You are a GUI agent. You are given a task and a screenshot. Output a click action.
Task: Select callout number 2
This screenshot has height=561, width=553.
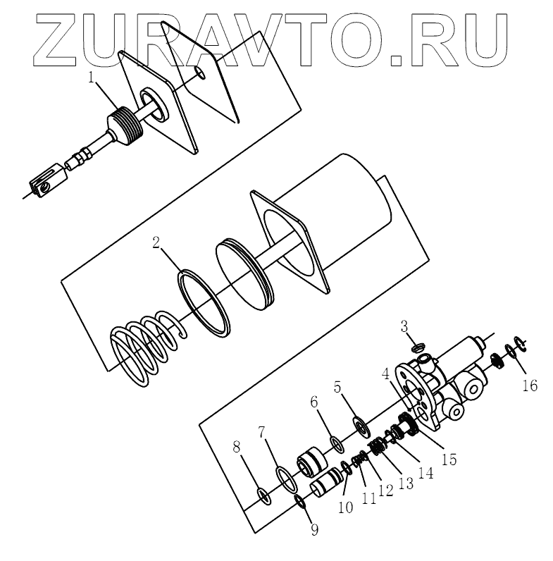156,242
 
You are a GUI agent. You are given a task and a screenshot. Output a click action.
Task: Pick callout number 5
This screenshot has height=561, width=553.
337,388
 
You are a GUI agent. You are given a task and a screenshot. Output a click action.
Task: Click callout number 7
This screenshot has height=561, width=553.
262,431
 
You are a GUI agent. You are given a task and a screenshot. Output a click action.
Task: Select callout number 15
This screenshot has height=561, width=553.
448,460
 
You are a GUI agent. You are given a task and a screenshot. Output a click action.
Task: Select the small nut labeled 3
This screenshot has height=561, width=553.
417,347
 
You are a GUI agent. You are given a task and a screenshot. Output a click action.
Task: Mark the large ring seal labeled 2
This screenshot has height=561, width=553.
204,300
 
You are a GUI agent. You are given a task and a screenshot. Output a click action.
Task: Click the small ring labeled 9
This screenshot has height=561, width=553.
299,500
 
